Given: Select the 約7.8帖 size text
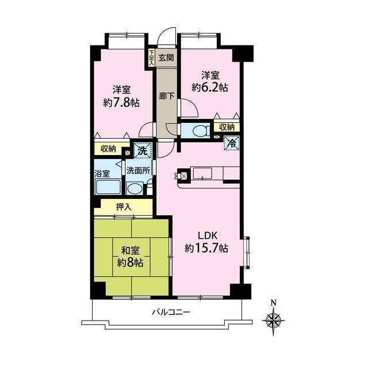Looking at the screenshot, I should click(121, 102).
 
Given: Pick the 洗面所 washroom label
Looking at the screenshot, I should click(138, 171).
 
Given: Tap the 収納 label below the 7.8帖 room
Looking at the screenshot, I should click(108, 149).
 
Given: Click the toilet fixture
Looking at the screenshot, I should click(197, 130).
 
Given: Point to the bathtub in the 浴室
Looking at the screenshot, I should click(107, 187).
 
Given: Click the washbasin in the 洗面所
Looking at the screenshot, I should click(135, 189).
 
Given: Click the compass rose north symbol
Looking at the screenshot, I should click(273, 318).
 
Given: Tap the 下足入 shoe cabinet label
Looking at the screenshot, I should click(152, 57).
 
